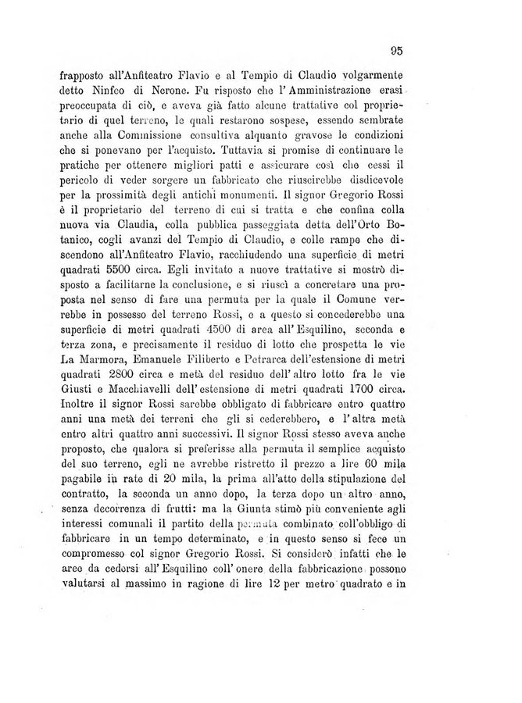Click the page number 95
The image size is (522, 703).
coord(396,52)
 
